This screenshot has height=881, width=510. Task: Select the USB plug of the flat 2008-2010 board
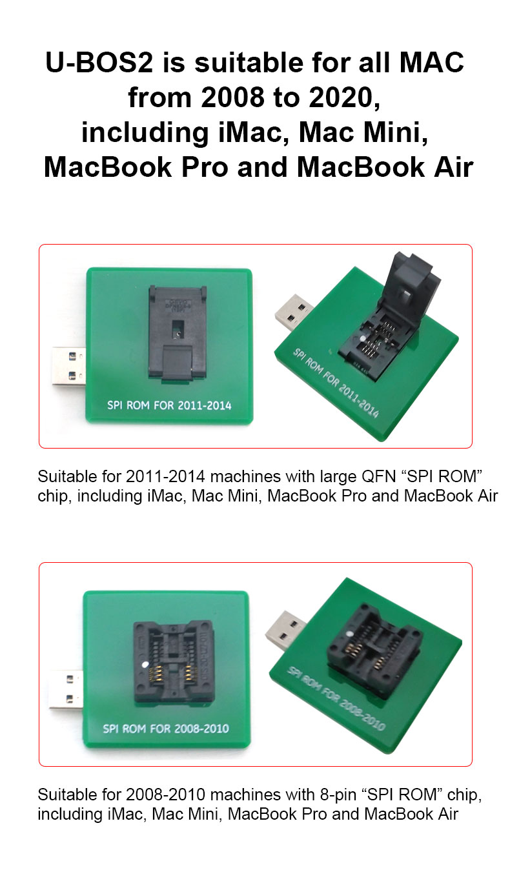[x=66, y=689]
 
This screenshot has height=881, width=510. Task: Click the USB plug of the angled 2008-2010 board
[x=286, y=630]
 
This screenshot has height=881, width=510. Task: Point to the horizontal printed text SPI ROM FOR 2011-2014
[x=169, y=406]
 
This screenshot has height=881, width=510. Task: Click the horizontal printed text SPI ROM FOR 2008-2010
[x=166, y=729]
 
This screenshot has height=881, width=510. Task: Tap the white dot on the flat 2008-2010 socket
[x=147, y=664]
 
